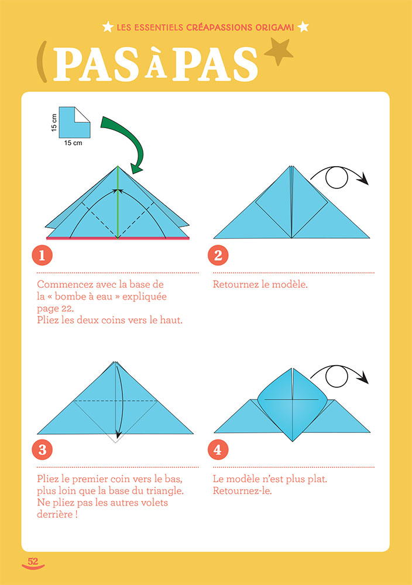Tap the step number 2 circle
coord(218,255)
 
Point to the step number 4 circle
coord(218,450)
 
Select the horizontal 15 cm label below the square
coord(73,142)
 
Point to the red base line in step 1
coord(118,239)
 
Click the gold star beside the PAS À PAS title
coord(279,53)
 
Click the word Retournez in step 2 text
coord(235,285)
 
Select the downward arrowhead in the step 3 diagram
coord(118,434)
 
